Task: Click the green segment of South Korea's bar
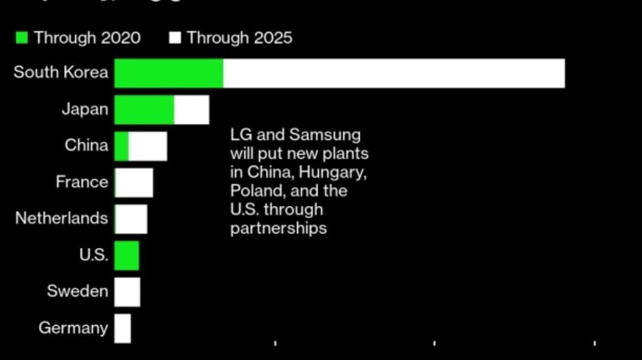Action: [x=168, y=74]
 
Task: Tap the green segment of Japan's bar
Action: [x=144, y=110]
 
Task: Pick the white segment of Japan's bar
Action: [x=191, y=110]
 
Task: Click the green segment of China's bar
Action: [x=121, y=146]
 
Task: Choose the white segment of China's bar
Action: [x=148, y=146]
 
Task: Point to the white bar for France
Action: [x=134, y=183]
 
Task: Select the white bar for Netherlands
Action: [x=131, y=219]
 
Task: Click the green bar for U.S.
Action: [x=127, y=256]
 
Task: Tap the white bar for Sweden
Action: [x=127, y=292]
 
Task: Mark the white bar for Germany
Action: [x=123, y=328]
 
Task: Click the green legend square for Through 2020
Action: [x=22, y=38]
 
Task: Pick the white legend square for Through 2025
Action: [x=175, y=38]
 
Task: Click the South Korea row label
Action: [x=61, y=72]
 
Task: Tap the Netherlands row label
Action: [x=62, y=218]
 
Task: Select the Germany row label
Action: [x=74, y=328]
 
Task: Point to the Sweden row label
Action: [x=78, y=291]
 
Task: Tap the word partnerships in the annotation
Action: [x=278, y=228]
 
